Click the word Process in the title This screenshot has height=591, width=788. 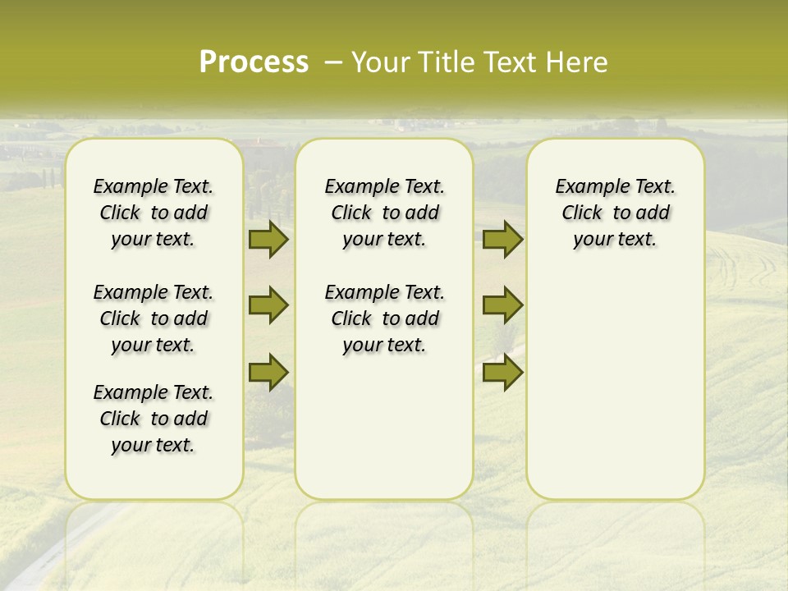pos(254,62)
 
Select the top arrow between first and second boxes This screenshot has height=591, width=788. pos(268,240)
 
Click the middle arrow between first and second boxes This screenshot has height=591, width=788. pos(268,305)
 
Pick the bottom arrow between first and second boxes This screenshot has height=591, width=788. pos(268,371)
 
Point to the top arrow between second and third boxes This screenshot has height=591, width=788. pos(502,240)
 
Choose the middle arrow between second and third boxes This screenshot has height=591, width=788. pos(502,305)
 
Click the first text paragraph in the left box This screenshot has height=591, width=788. pos(153,213)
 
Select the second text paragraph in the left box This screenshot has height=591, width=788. pos(153,318)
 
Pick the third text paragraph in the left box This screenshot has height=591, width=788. pos(153,419)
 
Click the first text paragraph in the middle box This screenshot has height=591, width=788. pos(384,213)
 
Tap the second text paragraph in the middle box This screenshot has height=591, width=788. pos(384,318)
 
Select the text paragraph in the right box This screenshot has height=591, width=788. pos(616,213)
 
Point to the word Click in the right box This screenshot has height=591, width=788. pos(582,213)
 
